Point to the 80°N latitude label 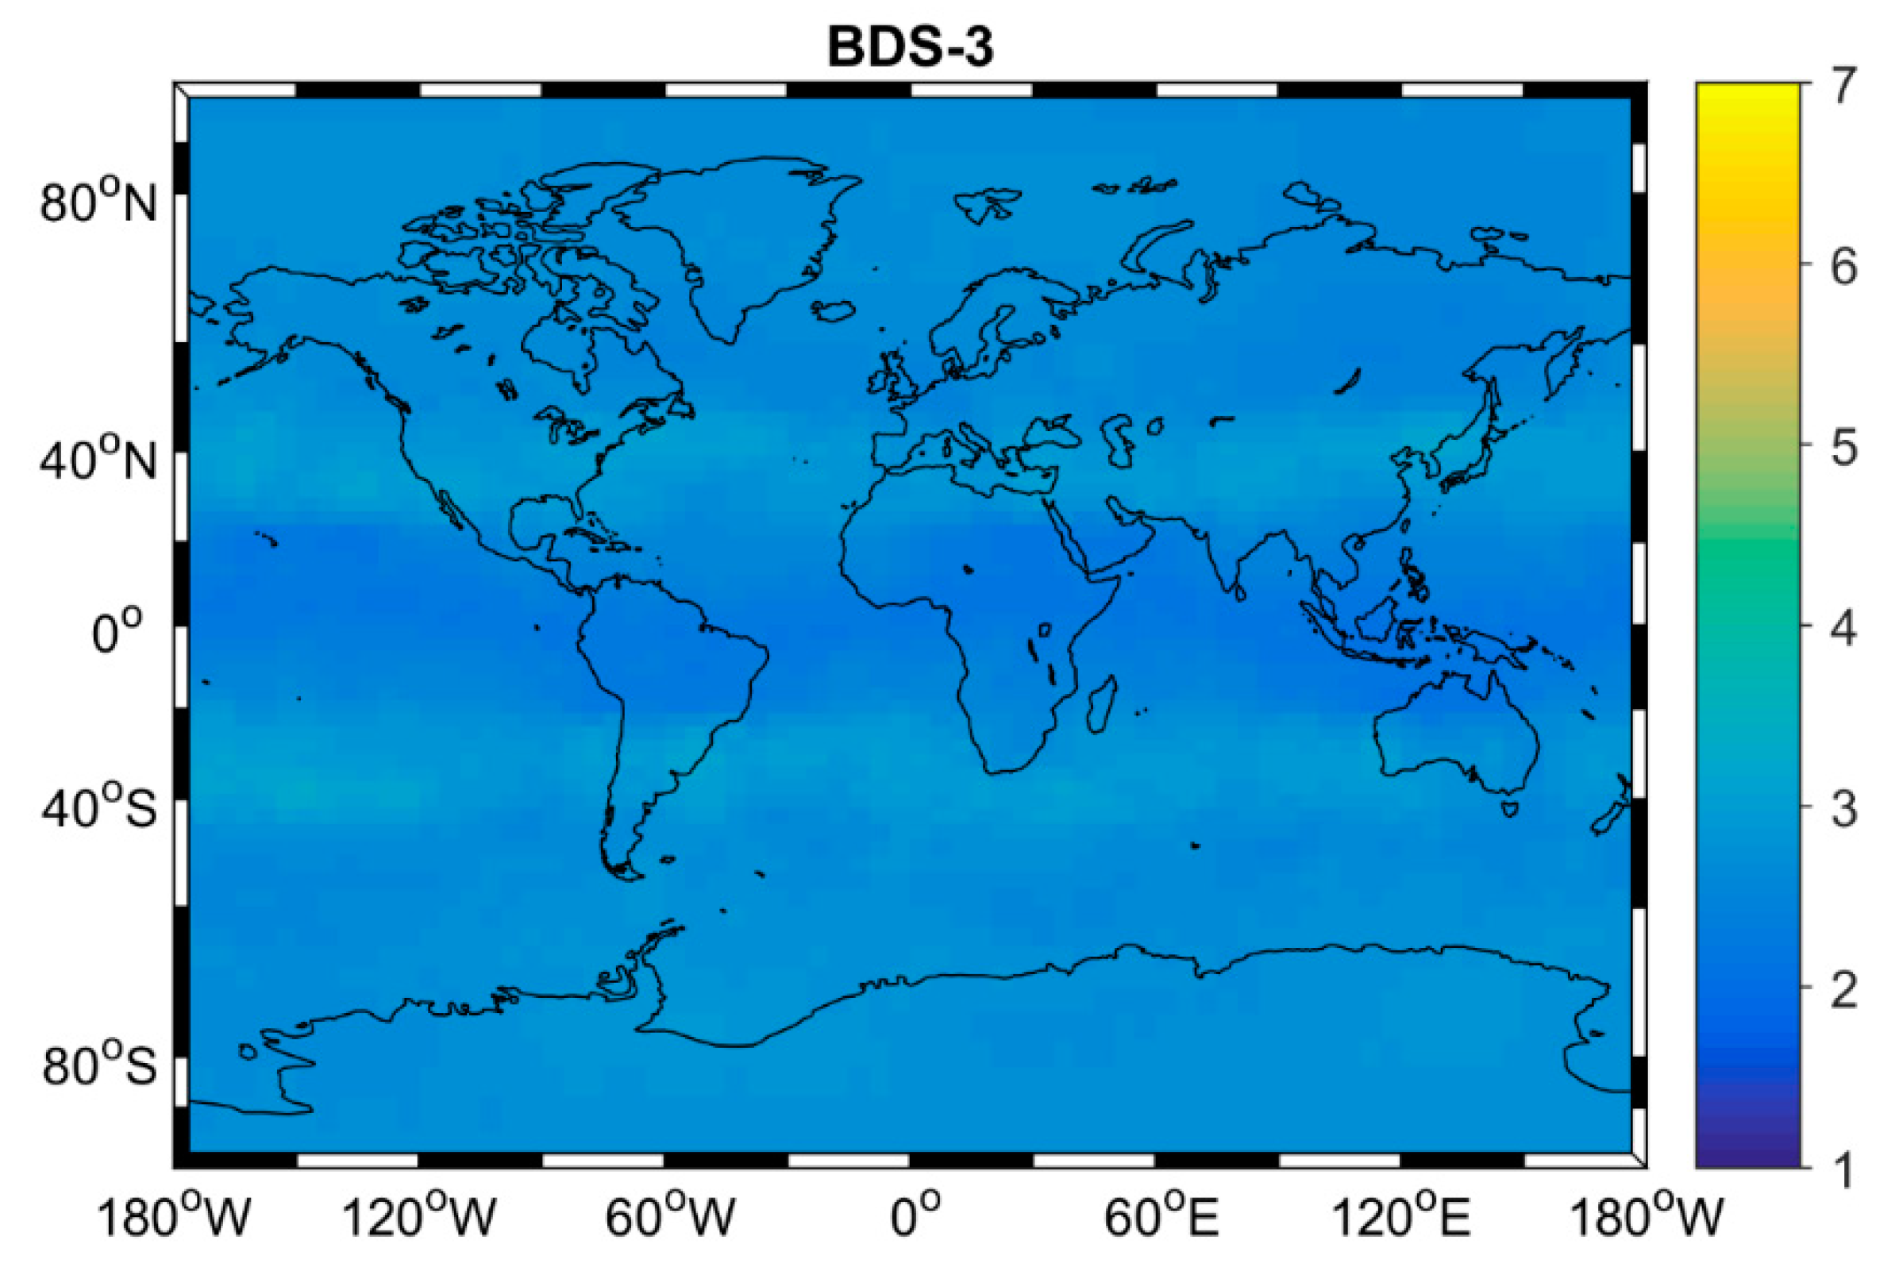click(x=98, y=203)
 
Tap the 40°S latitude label click(x=98, y=808)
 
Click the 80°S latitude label click(x=98, y=1066)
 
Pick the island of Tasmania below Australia click(x=1509, y=809)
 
